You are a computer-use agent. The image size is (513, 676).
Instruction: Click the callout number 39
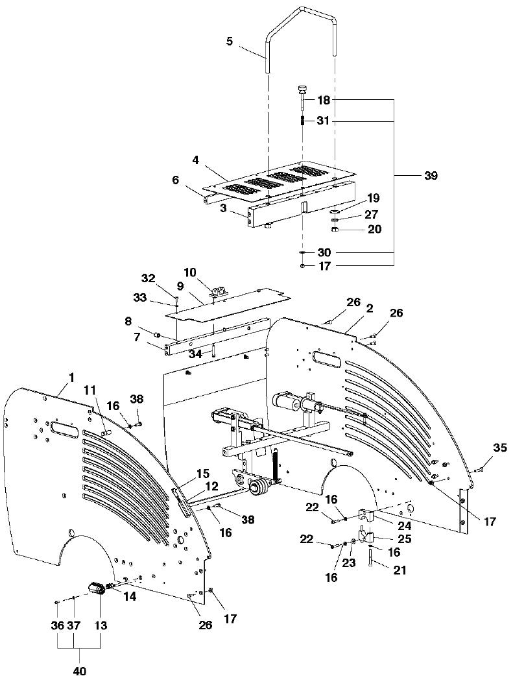tap(431, 176)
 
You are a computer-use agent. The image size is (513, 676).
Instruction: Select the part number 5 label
tap(230, 42)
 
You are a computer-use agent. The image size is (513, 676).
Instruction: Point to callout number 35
tap(500, 448)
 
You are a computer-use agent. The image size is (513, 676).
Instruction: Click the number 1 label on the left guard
tap(71, 378)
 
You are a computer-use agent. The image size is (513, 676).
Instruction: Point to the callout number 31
tap(323, 121)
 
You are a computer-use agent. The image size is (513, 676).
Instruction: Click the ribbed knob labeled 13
tap(98, 589)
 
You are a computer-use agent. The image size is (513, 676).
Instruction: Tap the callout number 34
tap(196, 354)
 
